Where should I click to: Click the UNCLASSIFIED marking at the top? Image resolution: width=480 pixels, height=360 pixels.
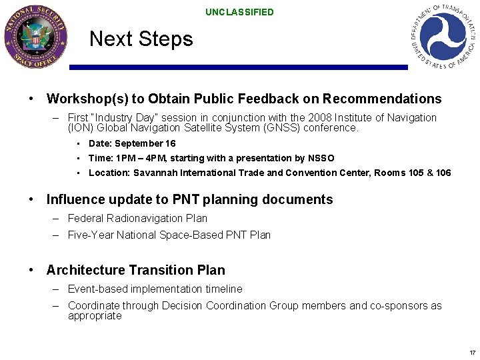click(x=239, y=12)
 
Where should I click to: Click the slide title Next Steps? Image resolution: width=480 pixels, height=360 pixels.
click(x=141, y=39)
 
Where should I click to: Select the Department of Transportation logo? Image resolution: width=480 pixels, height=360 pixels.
click(x=443, y=35)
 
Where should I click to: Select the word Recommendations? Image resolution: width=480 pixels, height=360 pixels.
click(x=382, y=99)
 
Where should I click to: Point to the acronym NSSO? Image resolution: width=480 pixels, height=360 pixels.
click(x=321, y=158)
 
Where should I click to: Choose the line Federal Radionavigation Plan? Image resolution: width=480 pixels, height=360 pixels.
click(x=137, y=218)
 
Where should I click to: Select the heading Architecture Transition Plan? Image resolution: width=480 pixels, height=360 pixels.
click(x=135, y=270)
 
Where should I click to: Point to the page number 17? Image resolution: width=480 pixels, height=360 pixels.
click(x=472, y=352)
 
